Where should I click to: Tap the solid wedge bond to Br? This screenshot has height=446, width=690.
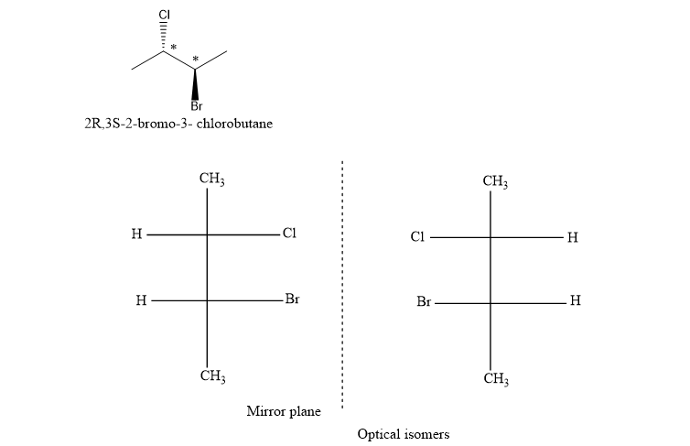pos(195,84)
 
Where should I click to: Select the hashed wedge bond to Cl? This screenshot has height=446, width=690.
pos(165,38)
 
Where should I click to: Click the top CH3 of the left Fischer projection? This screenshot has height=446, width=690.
pos(212,179)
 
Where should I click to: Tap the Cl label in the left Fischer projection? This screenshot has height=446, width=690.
pos(289,234)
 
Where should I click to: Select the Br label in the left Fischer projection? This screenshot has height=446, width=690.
pos(292,299)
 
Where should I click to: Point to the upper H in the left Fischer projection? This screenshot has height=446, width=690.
pos(136,234)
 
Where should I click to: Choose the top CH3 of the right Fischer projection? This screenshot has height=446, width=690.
pos(495,181)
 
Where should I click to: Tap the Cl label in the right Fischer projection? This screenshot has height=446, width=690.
pos(417,237)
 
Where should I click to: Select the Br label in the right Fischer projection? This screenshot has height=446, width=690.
pos(423,301)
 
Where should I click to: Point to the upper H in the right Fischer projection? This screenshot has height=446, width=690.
pos(572,237)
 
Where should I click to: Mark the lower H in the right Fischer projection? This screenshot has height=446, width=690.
pos(574,300)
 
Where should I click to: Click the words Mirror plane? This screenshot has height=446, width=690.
pos(284,412)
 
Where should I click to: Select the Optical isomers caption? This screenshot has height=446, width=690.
pos(403,433)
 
